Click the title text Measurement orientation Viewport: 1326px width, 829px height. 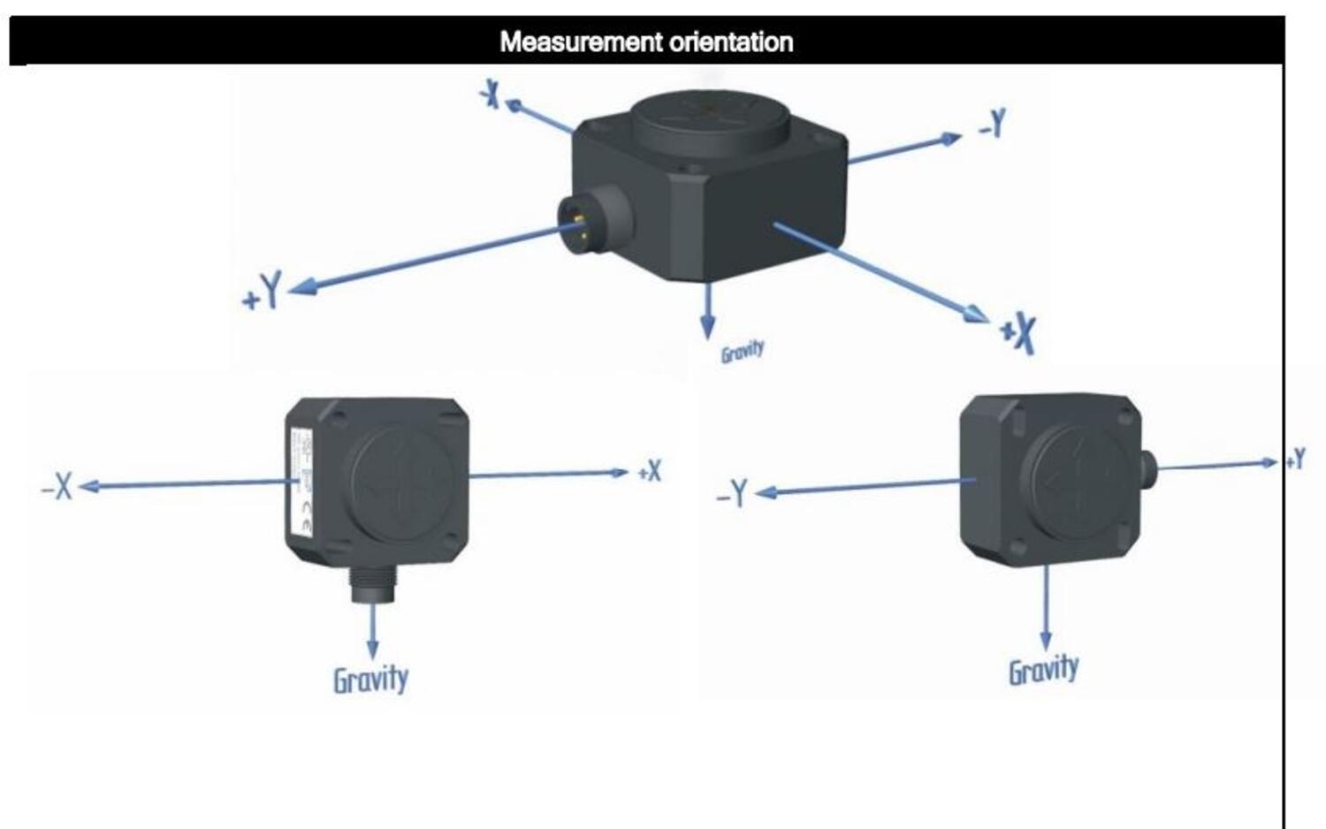click(645, 42)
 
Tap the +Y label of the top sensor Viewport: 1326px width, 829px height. click(263, 292)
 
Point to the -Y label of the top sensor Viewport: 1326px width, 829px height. click(993, 125)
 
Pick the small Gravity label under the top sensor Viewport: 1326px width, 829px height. click(742, 351)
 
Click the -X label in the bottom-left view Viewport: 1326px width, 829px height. click(57, 485)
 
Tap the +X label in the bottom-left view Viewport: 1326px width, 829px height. click(650, 471)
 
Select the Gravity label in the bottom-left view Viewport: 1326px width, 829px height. click(370, 680)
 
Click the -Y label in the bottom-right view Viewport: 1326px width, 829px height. click(733, 493)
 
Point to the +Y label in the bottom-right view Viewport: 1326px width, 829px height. click(1295, 459)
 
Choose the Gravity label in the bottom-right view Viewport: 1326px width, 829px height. click(1043, 669)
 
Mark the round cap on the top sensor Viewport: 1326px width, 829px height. click(710, 119)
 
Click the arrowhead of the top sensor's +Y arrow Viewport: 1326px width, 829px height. click(301, 286)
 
